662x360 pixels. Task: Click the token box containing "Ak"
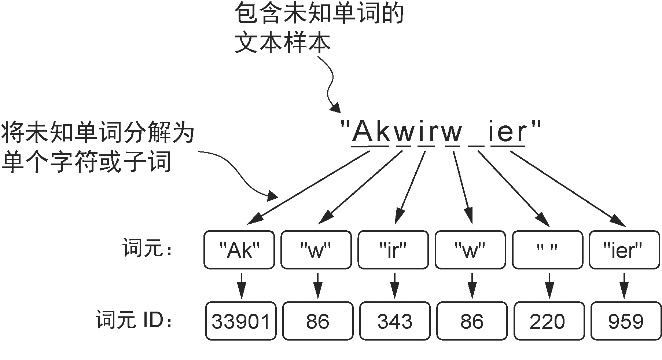pos(238,249)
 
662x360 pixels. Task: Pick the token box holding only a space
pos(547,249)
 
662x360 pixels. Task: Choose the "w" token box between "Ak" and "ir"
pos(316,249)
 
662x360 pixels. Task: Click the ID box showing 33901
pos(238,321)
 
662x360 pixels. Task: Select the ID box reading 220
pos(547,321)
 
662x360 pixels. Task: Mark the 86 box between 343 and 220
pos(470,321)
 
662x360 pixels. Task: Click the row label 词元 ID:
pos(140,321)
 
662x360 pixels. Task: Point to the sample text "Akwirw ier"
pos(441,130)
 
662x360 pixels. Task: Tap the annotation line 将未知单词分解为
pos(97,132)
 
